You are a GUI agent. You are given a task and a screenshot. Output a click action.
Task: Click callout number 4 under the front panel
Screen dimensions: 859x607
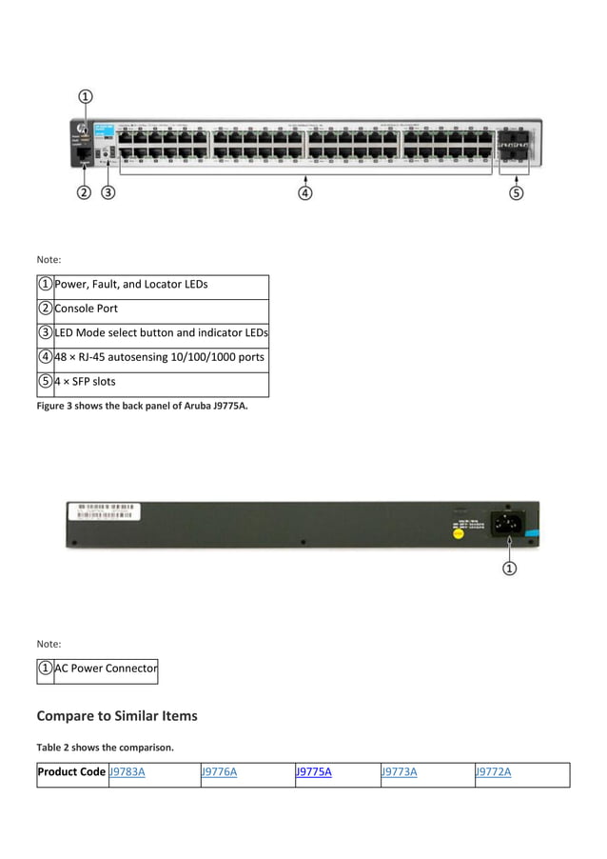tap(305, 193)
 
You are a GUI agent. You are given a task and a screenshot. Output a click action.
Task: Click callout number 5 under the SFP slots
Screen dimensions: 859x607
tap(516, 193)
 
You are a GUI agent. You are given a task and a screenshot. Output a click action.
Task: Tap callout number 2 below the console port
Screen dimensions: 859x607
tap(84, 193)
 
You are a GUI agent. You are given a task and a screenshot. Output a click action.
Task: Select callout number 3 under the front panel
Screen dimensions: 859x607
tap(108, 193)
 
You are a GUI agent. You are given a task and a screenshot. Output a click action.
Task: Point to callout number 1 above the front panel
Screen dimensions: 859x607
tap(85, 96)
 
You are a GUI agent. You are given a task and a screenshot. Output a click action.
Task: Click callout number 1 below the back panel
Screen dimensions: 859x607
tap(510, 569)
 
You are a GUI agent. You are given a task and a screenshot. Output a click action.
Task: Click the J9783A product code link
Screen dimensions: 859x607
tap(127, 771)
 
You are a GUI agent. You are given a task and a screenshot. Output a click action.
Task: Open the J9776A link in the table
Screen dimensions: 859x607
tap(219, 771)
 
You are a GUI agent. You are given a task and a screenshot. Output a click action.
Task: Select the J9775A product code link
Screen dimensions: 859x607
tap(314, 771)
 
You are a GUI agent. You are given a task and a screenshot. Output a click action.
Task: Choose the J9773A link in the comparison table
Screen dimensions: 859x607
tap(399, 771)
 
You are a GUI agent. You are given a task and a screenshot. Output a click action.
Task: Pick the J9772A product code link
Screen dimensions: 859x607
tap(493, 771)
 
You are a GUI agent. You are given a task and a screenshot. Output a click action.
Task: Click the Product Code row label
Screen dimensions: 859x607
tap(71, 771)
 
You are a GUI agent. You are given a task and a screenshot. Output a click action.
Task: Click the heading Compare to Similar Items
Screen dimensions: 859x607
tap(117, 715)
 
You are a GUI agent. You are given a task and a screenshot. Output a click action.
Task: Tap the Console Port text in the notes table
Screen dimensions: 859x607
tap(87, 309)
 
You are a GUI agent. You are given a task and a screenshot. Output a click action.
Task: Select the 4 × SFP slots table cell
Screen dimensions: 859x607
tap(85, 383)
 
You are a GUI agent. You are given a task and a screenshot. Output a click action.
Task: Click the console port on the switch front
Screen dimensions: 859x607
tap(84, 152)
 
